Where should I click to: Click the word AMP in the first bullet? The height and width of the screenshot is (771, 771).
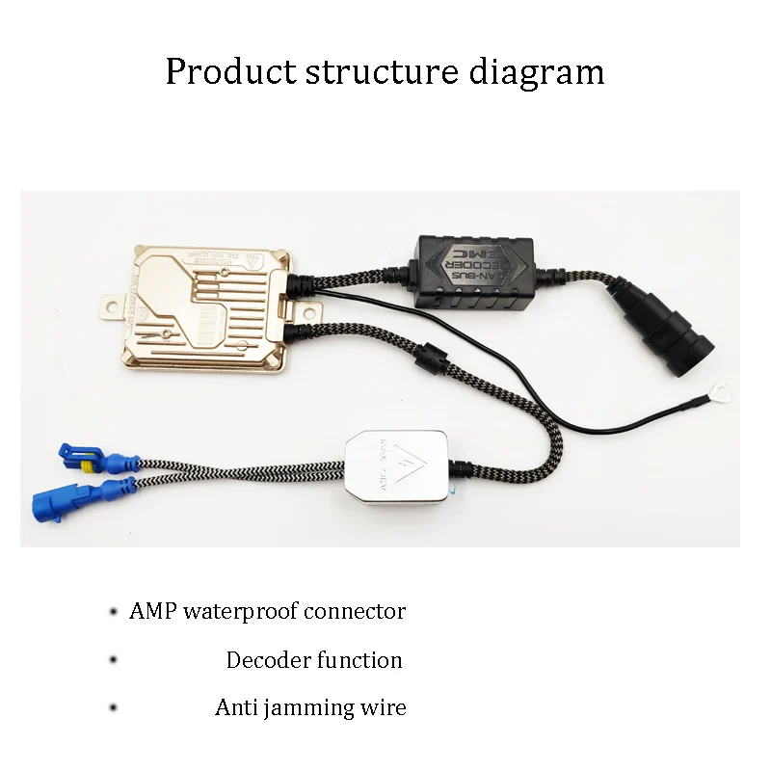(x=153, y=611)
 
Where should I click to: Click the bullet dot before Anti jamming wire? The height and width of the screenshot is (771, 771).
(x=114, y=708)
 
